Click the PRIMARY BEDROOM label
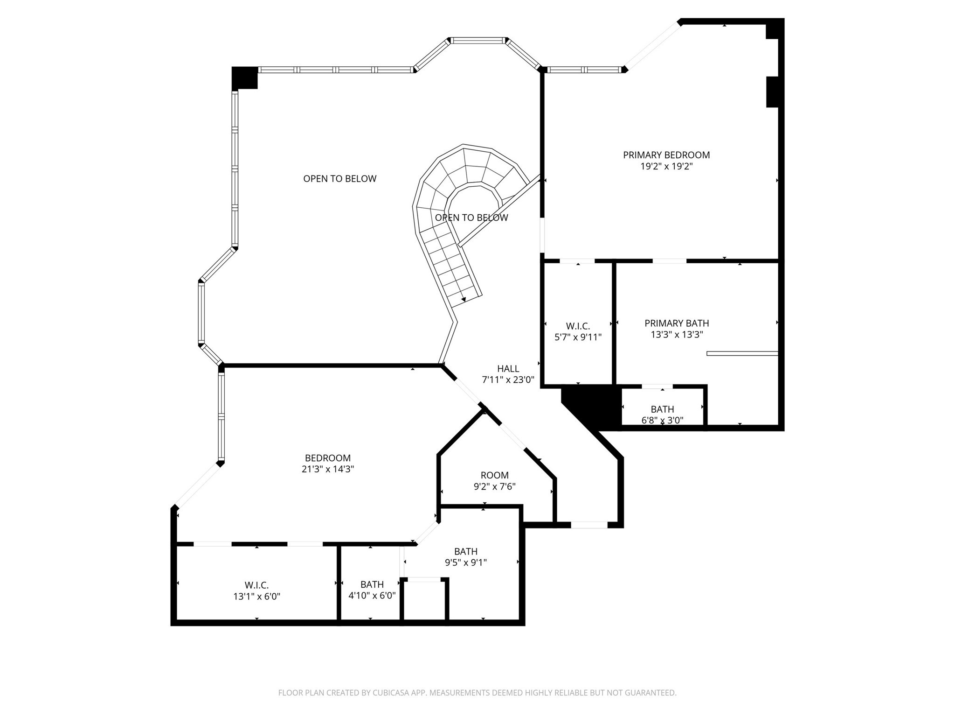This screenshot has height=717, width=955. pyautogui.click(x=666, y=155)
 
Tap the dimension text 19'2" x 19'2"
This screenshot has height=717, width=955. pyautogui.click(x=666, y=167)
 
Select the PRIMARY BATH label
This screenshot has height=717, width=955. pyautogui.click(x=677, y=323)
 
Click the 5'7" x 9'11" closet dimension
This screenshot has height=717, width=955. pyautogui.click(x=578, y=337)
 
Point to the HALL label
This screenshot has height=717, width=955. pyautogui.click(x=508, y=369)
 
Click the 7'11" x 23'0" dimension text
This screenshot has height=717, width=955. pyautogui.click(x=508, y=380)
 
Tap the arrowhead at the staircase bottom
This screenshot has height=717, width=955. pyautogui.click(x=464, y=300)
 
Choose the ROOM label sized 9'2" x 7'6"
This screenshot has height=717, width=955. pyautogui.click(x=494, y=475)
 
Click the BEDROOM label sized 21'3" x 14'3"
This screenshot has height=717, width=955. pyautogui.click(x=327, y=458)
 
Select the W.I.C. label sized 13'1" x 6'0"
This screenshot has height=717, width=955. pyautogui.click(x=256, y=585)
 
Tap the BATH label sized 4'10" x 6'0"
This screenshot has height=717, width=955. pyautogui.click(x=372, y=584)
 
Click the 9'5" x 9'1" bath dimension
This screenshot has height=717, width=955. pyautogui.click(x=465, y=562)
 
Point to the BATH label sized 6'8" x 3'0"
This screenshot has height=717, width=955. pyautogui.click(x=662, y=409)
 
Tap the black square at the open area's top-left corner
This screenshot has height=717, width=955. pyautogui.click(x=244, y=77)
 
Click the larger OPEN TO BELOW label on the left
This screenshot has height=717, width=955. pyautogui.click(x=339, y=179)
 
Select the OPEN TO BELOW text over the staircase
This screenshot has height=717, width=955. pyautogui.click(x=471, y=218)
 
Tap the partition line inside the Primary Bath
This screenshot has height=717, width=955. pyautogui.click(x=742, y=353)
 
